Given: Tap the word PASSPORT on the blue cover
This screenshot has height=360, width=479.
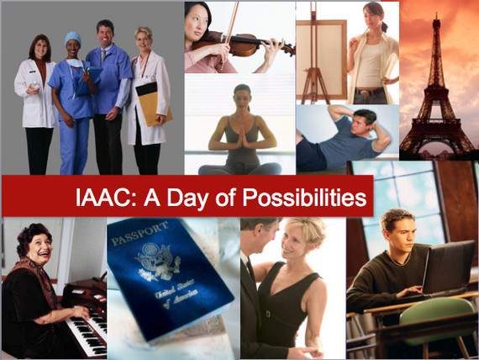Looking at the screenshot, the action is coord(139,234).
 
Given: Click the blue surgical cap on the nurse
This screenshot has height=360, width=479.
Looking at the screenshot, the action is coord(73,37).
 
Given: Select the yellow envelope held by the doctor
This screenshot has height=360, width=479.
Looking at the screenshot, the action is coord(154,104).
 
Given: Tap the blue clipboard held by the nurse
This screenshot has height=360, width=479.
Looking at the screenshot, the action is coord(89,80).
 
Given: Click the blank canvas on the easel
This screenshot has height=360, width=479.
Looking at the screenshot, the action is coord(321,60).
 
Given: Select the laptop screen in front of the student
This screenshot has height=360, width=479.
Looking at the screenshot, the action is coord(447,266).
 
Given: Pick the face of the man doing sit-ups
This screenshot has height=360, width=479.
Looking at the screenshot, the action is coord(362,124).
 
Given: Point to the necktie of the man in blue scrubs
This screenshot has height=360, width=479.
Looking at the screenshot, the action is coord(103,57).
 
